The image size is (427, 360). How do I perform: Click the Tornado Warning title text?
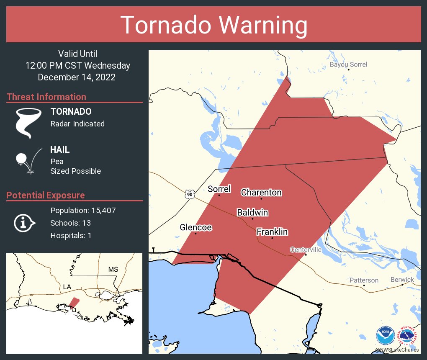point(213,25)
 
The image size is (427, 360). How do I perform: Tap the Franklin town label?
point(272,232)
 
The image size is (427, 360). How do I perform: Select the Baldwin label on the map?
point(252,212)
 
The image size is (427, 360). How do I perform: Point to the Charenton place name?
point(261,193)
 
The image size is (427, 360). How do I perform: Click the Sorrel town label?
point(219,189)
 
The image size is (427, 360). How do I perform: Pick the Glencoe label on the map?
point(195,227)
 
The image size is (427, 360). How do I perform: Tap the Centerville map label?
point(306,249)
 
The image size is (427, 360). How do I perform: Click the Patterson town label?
point(364,280)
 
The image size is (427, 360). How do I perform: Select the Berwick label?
point(402,279)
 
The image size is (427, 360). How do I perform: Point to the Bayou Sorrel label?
point(348,64)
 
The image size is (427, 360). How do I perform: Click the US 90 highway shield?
point(190,194)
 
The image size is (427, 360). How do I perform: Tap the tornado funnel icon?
point(28,122)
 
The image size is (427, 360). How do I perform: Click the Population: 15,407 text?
point(83,210)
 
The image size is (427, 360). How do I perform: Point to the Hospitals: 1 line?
point(71,235)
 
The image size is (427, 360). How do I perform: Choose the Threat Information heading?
point(46,97)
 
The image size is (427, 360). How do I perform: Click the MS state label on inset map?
point(113,269)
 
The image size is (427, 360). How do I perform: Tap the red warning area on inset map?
point(74,302)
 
